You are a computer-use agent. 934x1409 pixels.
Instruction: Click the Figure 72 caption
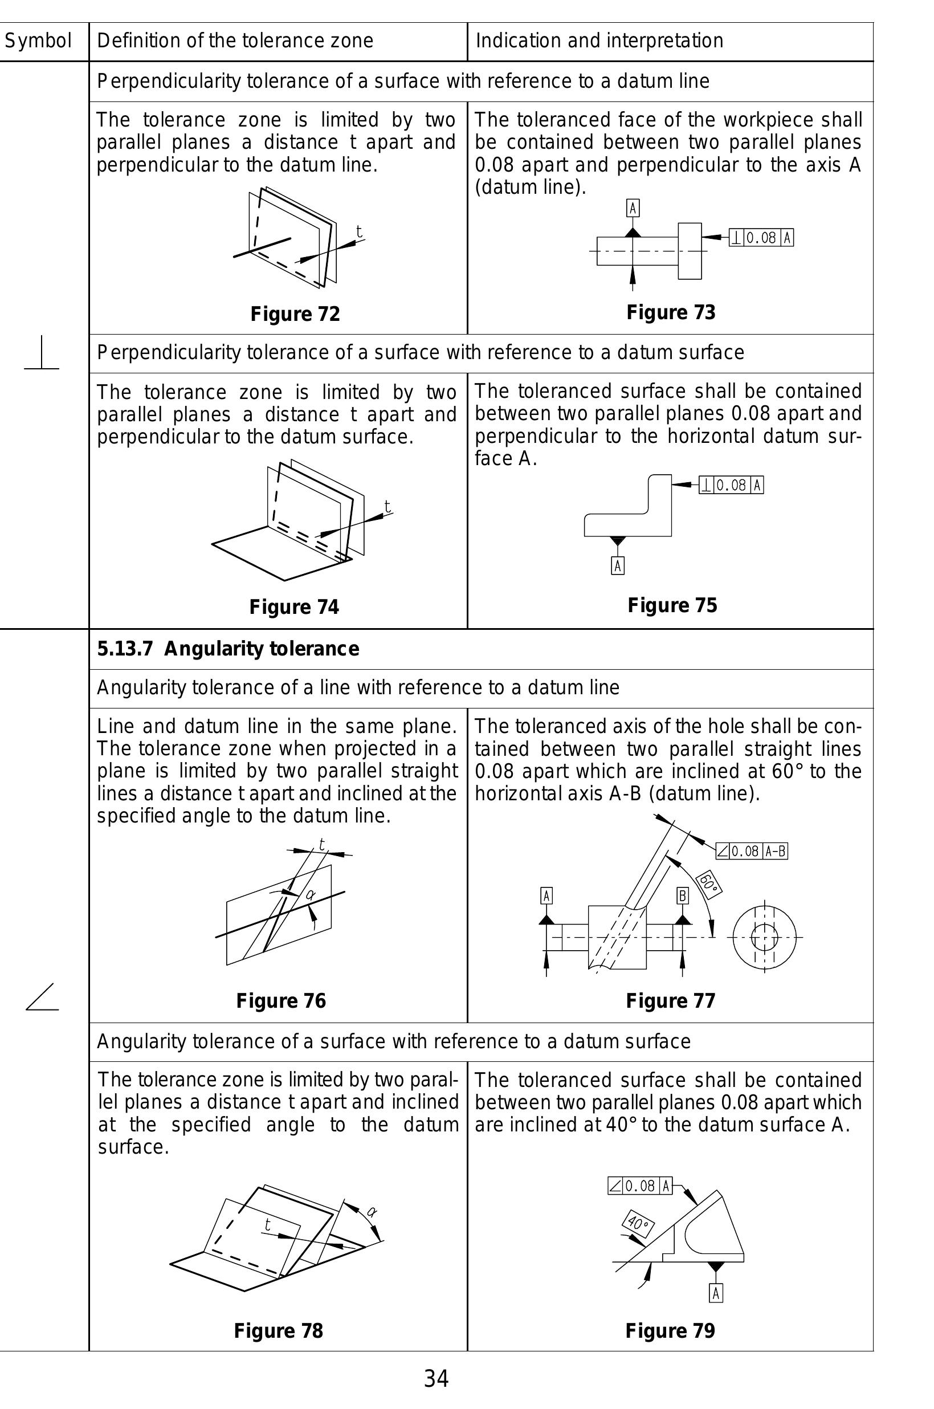pyautogui.click(x=295, y=314)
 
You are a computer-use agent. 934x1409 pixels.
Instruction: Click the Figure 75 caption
pyautogui.click(x=672, y=605)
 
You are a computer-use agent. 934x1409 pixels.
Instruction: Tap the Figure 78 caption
pyautogui.click(x=278, y=1330)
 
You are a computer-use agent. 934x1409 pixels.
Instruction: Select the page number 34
pyautogui.click(x=436, y=1378)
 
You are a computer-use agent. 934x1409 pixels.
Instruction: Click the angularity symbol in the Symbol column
pyautogui.click(x=42, y=997)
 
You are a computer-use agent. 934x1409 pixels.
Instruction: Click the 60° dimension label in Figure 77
pyautogui.click(x=709, y=883)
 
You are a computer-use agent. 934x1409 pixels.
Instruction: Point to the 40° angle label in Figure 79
pyautogui.click(x=638, y=1224)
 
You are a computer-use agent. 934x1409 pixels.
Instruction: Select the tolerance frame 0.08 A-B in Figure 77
pyautogui.click(x=751, y=851)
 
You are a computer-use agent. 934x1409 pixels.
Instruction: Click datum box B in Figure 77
pyautogui.click(x=683, y=895)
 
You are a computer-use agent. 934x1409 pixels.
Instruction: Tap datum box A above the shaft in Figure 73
pyautogui.click(x=633, y=208)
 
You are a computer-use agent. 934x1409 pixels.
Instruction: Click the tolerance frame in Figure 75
pyautogui.click(x=731, y=485)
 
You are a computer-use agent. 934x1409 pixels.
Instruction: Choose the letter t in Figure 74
pyautogui.click(x=387, y=506)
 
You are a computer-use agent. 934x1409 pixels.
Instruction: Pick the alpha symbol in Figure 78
pyautogui.click(x=372, y=1211)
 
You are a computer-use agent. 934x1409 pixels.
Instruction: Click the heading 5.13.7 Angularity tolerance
pyautogui.click(x=228, y=649)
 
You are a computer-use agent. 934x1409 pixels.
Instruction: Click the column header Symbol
pyautogui.click(x=38, y=41)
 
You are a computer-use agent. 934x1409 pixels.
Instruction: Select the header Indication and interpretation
pyautogui.click(x=599, y=41)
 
